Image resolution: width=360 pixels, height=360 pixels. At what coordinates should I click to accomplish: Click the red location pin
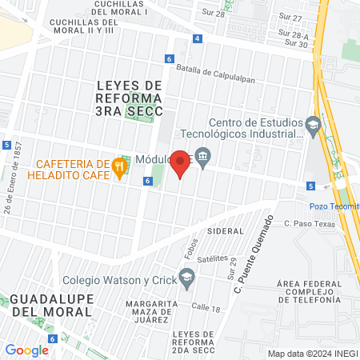[181, 162]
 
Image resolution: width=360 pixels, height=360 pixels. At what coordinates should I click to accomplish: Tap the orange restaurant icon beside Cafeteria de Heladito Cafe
[119, 166]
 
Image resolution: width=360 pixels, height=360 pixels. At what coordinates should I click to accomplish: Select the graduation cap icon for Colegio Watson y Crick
[187, 279]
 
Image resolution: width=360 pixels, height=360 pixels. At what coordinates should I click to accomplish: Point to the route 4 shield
[198, 38]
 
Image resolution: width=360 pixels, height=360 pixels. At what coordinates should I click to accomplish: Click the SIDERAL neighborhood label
[224, 230]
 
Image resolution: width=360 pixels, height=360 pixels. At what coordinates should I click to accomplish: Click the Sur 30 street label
[297, 44]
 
